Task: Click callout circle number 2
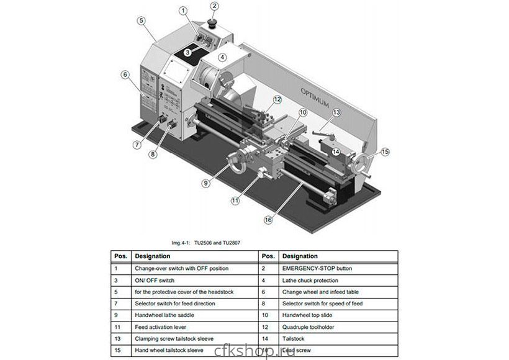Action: [x=214, y=7]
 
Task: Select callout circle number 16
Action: [x=268, y=218]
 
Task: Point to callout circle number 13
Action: [x=336, y=112]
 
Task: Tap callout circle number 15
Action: [x=385, y=151]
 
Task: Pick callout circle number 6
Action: [x=125, y=75]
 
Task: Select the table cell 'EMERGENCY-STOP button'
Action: [x=317, y=269]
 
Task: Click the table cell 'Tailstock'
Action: [x=293, y=339]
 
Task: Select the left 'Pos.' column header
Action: [x=120, y=256]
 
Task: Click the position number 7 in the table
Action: [x=116, y=304]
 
